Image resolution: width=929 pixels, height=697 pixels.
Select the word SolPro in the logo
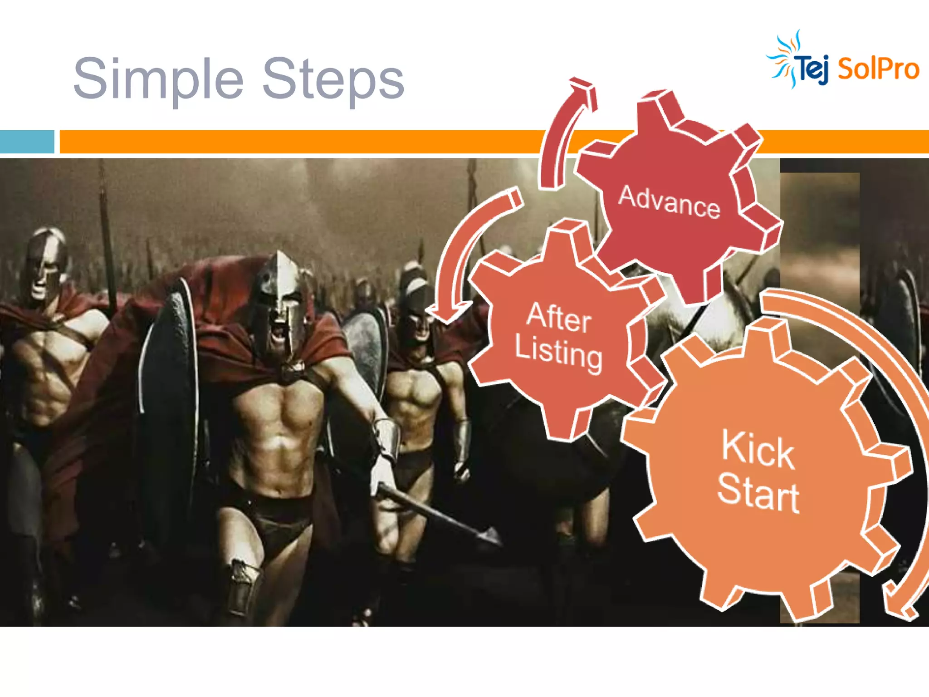tap(878, 69)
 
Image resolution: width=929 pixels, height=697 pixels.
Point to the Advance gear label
tap(670, 202)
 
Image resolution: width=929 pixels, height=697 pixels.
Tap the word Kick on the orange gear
tap(758, 449)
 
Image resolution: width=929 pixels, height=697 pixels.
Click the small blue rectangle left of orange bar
tap(27, 142)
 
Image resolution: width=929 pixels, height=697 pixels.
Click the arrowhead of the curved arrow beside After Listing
tap(447, 313)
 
